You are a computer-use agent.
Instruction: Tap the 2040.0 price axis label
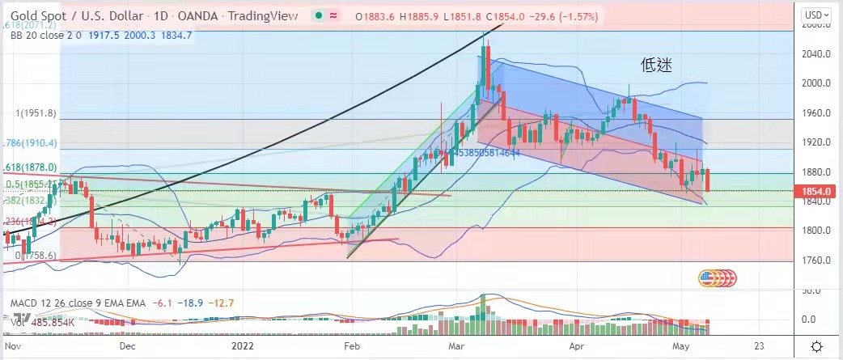[815, 53]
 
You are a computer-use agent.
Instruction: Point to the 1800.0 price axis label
[815, 231]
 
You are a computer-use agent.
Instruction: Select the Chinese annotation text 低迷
[658, 63]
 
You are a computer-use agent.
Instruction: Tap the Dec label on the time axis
[127, 345]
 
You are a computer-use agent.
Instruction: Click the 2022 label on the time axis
[243, 345]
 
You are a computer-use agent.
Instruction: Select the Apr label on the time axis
[576, 345]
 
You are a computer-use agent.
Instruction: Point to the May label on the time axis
[678, 345]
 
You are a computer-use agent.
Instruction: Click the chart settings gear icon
[818, 345]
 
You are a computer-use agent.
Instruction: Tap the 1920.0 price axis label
[815, 142]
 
